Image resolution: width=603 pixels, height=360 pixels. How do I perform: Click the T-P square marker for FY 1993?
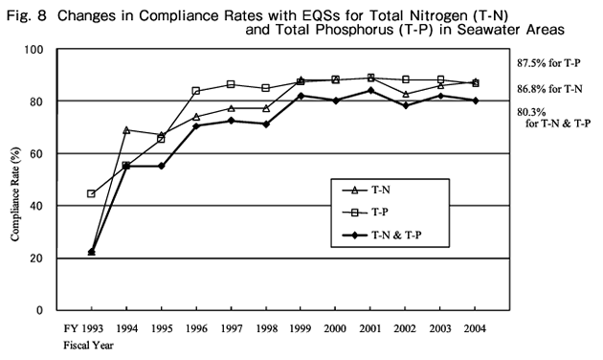(x=91, y=193)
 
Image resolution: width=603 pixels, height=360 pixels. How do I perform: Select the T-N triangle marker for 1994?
(x=127, y=129)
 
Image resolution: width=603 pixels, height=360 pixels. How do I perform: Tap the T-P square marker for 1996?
(x=196, y=91)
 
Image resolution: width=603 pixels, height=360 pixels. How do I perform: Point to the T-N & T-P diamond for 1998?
(x=266, y=124)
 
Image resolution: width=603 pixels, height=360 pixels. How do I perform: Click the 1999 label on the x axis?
(x=301, y=327)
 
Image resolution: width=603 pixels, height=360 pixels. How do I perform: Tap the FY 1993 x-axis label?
(x=83, y=327)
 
